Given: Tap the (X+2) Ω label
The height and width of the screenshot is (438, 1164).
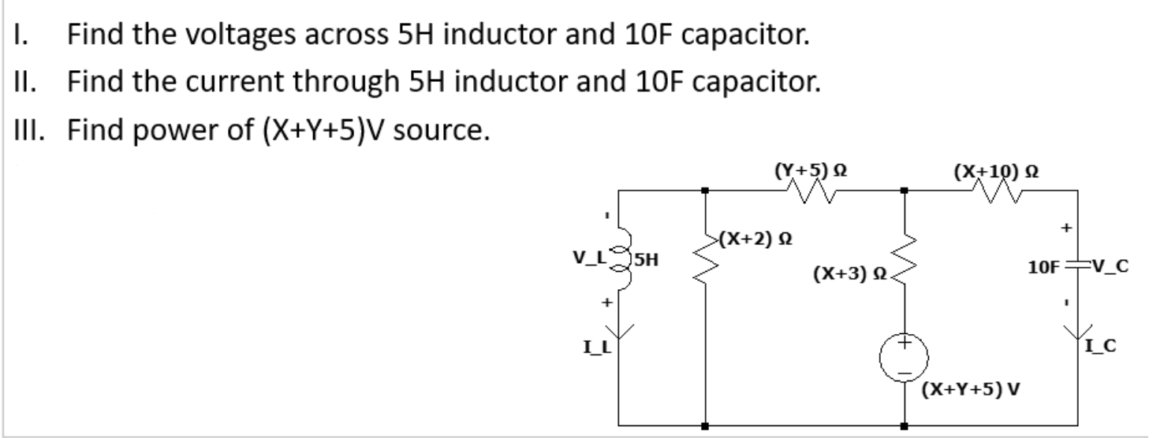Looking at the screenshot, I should (754, 237).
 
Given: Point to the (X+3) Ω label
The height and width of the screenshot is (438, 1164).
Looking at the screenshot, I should (851, 275).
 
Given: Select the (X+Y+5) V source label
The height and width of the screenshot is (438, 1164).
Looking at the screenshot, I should (969, 388).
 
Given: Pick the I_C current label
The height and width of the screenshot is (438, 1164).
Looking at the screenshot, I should (1101, 344).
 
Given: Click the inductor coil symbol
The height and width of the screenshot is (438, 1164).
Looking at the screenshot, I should (619, 257).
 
